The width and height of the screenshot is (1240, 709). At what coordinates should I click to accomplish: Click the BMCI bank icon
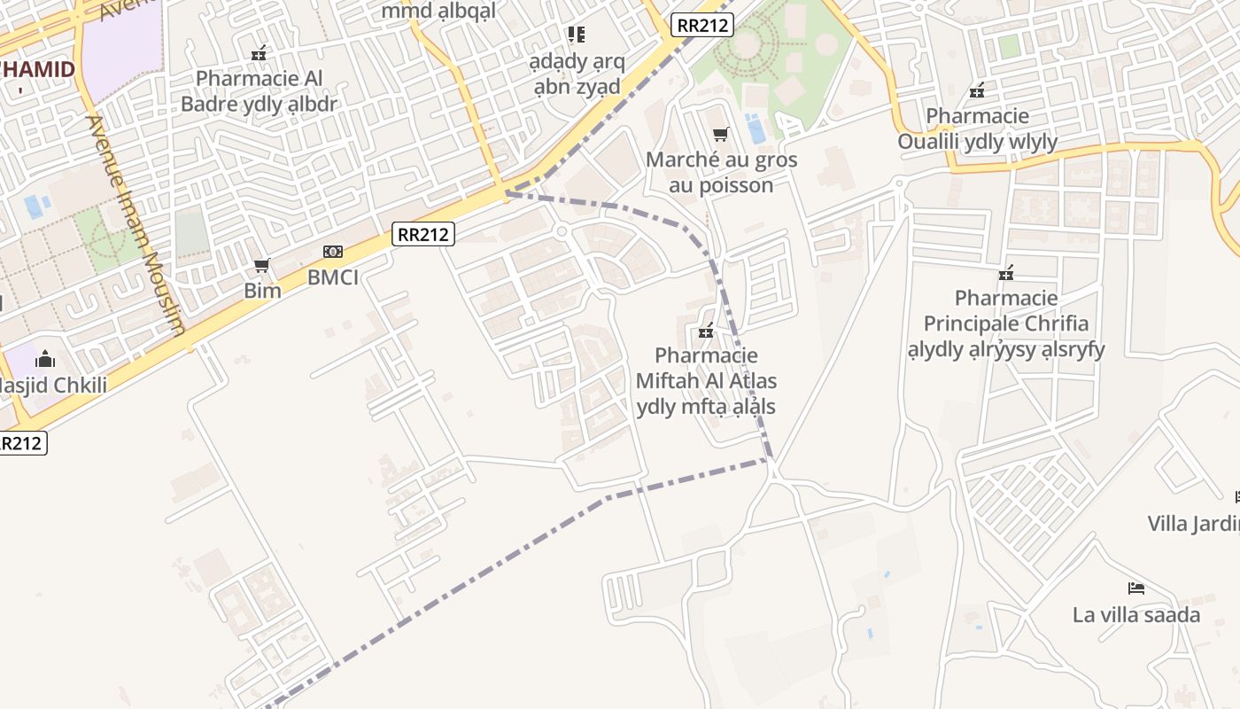(x=333, y=252)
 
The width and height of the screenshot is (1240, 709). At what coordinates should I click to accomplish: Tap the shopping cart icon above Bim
(x=261, y=265)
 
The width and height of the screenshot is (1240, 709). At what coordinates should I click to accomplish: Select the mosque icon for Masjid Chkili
(x=45, y=359)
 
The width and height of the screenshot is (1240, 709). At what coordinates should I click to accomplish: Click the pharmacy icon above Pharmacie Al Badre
(x=259, y=53)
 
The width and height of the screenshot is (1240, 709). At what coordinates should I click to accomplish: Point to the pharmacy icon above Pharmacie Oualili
(x=977, y=90)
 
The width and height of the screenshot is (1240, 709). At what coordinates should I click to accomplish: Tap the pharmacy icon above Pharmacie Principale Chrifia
(x=1006, y=273)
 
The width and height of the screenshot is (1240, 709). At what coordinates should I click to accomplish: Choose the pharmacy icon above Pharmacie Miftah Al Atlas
(x=706, y=331)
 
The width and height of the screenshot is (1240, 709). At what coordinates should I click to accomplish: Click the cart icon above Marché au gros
(x=721, y=135)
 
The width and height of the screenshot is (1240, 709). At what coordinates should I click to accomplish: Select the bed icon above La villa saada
(x=1136, y=588)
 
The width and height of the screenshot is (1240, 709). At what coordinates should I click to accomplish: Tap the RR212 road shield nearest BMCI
(x=423, y=234)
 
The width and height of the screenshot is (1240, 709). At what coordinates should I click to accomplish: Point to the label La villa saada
(x=1136, y=614)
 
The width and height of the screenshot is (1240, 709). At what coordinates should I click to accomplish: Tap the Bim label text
(x=262, y=290)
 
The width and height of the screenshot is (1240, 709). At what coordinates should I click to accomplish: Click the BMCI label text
(x=333, y=277)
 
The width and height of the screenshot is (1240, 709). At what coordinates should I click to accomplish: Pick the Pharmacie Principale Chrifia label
(x=1006, y=323)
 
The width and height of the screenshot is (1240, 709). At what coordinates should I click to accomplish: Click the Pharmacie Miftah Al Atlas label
(x=706, y=381)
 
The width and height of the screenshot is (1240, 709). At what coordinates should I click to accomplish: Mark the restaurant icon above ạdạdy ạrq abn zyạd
(x=577, y=35)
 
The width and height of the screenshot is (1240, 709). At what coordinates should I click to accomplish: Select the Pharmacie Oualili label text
(x=977, y=129)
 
